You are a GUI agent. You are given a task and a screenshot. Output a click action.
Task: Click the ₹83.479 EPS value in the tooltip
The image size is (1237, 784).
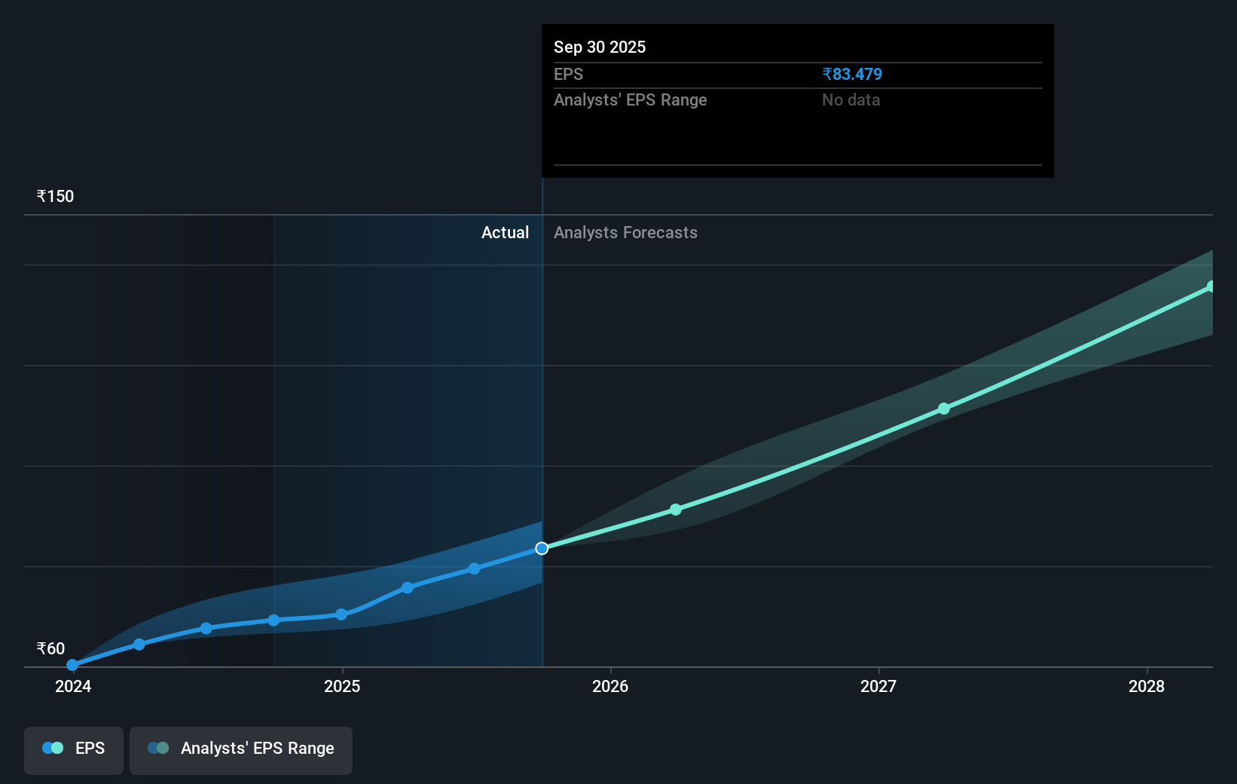click(x=851, y=75)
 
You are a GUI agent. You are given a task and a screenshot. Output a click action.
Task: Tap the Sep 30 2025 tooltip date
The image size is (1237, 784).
click(x=600, y=47)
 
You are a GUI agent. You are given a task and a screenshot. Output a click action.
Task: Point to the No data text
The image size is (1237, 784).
click(x=851, y=100)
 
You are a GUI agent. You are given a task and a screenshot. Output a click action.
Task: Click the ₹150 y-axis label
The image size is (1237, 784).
click(x=55, y=197)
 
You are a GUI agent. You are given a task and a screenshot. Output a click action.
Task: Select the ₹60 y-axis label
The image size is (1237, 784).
click(x=50, y=649)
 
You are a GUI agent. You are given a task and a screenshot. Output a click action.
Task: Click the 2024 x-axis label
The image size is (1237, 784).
click(x=73, y=687)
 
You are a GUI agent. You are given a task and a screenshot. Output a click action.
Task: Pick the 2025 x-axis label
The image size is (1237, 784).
click(x=342, y=687)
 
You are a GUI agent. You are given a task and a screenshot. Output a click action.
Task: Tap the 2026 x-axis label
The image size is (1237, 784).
click(x=610, y=687)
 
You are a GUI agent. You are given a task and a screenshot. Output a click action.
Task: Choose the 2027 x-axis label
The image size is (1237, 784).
click(x=878, y=687)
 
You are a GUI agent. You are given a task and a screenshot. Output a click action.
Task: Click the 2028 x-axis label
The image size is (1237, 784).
click(x=1146, y=687)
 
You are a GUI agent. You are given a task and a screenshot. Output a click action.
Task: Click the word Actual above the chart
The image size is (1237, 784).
click(x=505, y=233)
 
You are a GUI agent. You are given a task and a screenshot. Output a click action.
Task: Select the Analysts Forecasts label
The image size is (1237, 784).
click(x=625, y=233)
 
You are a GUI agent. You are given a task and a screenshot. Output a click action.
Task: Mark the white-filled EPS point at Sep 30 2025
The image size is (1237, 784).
click(x=542, y=548)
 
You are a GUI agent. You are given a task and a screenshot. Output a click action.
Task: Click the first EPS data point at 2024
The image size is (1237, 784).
click(x=72, y=665)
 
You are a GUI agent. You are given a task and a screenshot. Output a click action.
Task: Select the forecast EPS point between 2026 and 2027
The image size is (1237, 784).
click(x=676, y=510)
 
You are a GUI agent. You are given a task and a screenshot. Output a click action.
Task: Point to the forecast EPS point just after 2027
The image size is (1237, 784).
click(x=944, y=409)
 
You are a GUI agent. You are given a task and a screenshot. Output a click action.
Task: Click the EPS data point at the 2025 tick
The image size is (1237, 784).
click(x=341, y=614)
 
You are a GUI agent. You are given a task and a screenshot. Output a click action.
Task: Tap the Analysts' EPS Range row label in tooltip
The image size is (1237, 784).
click(x=630, y=100)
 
